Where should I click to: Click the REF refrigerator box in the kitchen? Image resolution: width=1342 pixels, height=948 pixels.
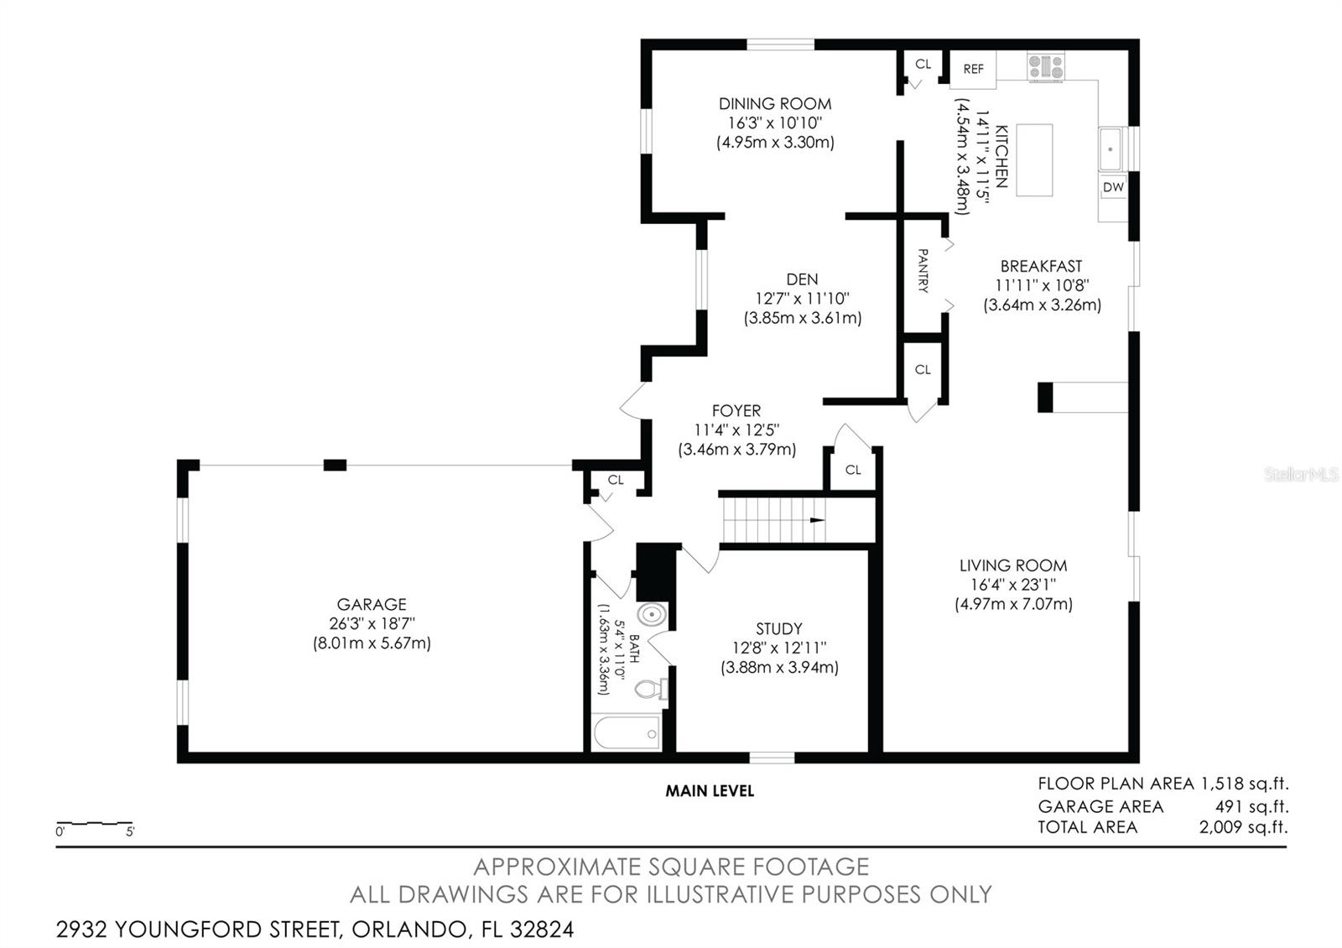click(x=973, y=70)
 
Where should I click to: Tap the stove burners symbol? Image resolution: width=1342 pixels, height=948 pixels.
click(x=1046, y=66)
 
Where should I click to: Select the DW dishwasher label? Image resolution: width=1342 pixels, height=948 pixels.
click(x=1113, y=187)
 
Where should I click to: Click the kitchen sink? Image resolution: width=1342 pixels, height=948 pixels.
click(x=1111, y=149)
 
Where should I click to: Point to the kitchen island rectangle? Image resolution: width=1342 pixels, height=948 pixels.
click(x=1035, y=160)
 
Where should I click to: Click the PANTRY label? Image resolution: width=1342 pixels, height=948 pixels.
click(x=923, y=271)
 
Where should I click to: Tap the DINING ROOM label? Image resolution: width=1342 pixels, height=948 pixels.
click(x=775, y=104)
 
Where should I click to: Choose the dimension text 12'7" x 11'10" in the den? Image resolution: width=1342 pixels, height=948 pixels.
click(x=802, y=299)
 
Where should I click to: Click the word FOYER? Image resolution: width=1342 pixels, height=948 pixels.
click(x=736, y=410)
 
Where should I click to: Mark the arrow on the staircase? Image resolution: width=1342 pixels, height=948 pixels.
click(x=817, y=520)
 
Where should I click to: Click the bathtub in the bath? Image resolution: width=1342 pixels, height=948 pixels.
click(x=627, y=733)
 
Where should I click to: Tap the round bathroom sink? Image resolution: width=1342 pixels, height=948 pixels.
click(x=651, y=615)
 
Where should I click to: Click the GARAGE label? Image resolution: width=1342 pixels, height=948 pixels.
click(x=372, y=604)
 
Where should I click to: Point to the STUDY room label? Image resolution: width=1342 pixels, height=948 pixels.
click(x=779, y=628)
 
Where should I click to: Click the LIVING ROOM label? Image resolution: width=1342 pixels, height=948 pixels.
click(x=1013, y=565)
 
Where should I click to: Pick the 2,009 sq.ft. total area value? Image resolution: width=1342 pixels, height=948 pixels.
click(x=1243, y=827)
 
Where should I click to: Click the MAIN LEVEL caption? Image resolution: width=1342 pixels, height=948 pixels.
click(x=710, y=791)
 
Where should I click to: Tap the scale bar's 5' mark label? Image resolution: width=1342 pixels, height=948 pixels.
click(x=130, y=831)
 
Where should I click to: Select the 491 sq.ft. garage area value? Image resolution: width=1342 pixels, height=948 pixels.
click(x=1251, y=806)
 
